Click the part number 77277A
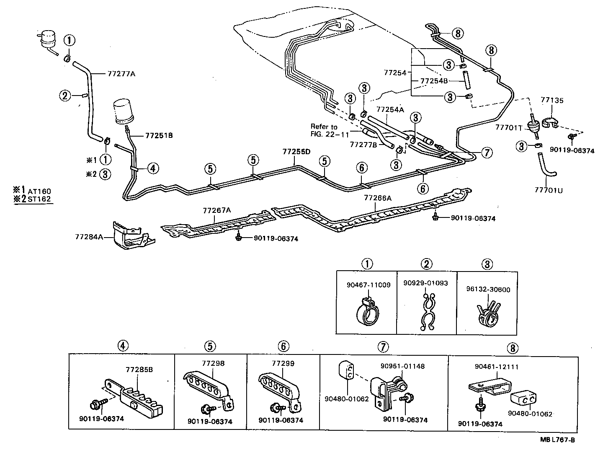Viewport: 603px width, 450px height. click(121, 74)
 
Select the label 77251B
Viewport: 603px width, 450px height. click(159, 135)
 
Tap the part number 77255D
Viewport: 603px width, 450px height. click(296, 151)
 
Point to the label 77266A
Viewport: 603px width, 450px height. click(377, 198)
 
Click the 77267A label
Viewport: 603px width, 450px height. click(216, 210)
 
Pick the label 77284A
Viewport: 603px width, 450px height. click(89, 237)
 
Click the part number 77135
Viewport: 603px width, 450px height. click(552, 101)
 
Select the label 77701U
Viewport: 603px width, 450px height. click(549, 190)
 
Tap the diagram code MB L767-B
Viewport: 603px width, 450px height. click(557, 440)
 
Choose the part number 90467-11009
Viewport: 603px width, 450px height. click(368, 285)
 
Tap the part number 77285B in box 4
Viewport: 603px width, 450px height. click(139, 370)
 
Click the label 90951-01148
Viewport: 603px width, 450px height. click(402, 366)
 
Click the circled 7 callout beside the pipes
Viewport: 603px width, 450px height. click(486, 153)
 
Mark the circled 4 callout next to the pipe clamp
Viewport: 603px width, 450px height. click(152, 168)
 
